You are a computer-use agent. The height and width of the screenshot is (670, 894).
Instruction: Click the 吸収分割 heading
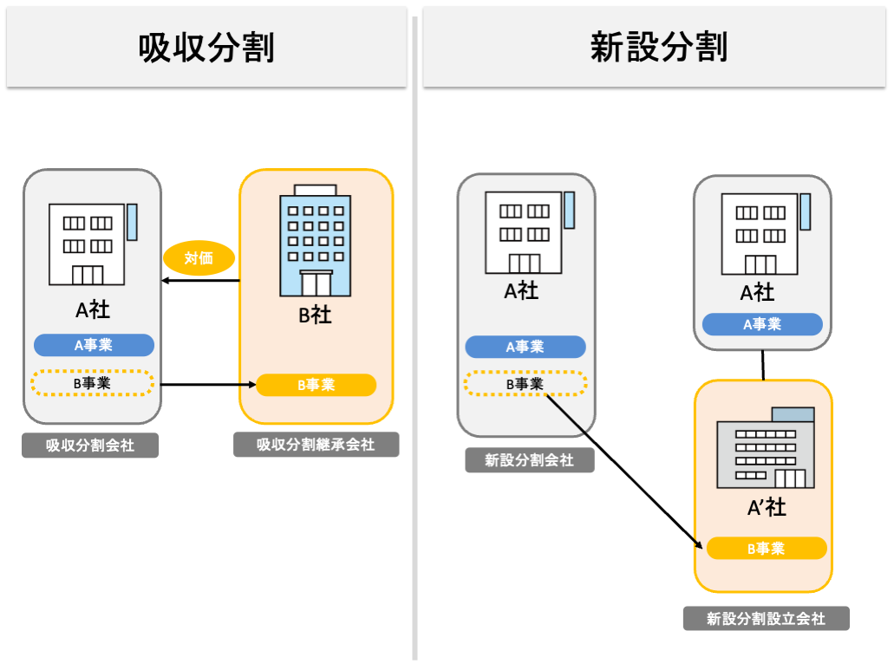pyautogui.click(x=206, y=48)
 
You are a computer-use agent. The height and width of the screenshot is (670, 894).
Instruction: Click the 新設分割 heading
pyautogui.click(x=658, y=48)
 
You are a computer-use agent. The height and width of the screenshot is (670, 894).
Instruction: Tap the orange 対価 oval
pyautogui.click(x=199, y=257)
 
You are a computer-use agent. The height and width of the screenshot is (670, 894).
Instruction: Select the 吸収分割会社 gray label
pyautogui.click(x=90, y=446)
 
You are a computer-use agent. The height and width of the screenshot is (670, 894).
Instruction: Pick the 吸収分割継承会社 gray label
pyautogui.click(x=316, y=445)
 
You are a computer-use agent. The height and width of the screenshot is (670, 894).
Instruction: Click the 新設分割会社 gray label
pyautogui.click(x=529, y=460)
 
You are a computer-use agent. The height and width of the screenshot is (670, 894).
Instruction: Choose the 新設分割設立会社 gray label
pyautogui.click(x=766, y=619)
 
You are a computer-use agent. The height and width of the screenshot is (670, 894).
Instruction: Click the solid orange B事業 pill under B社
pyautogui.click(x=316, y=385)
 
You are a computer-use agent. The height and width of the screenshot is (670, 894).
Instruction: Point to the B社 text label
pyautogui.click(x=316, y=314)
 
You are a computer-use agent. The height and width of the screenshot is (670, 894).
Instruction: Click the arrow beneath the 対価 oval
pyautogui.click(x=200, y=281)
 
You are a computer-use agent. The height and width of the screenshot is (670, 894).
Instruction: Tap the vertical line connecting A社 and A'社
pyautogui.click(x=762, y=365)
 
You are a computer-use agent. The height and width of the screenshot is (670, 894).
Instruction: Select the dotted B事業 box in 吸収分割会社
pyautogui.click(x=92, y=383)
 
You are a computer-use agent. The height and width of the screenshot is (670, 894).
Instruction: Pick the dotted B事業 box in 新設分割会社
pyautogui.click(x=525, y=383)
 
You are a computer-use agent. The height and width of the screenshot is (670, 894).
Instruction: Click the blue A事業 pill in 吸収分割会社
pyautogui.click(x=94, y=345)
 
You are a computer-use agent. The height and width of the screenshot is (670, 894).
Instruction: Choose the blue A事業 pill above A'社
pyautogui.click(x=761, y=324)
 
